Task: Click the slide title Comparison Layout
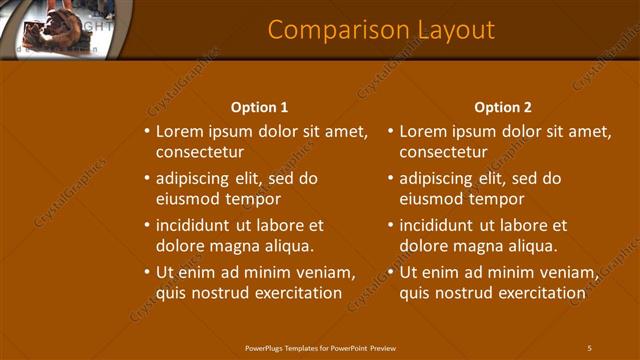coord(381,30)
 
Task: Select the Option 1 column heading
coord(259,107)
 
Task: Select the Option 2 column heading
coord(503,107)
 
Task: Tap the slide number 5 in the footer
coord(589,347)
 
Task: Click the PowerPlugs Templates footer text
coord(320,347)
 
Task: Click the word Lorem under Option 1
coord(180,131)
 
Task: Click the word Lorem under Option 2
coord(424,131)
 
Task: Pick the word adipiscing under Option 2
coord(436,179)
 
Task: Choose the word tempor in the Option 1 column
coord(255,199)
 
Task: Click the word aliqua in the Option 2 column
coord(531,245)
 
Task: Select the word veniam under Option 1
coord(328,272)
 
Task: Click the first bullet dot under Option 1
coord(147,131)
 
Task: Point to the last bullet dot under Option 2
coord(391,272)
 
